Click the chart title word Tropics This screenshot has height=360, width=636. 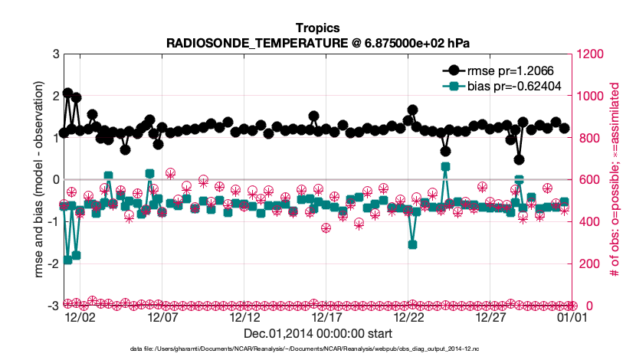point(317,30)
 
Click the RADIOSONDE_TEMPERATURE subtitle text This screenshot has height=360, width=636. point(317,44)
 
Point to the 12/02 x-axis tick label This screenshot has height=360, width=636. point(80,316)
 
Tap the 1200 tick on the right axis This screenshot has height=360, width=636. point(590,54)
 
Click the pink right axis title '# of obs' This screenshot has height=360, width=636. point(614,180)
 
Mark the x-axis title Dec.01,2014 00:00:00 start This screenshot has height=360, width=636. point(317,333)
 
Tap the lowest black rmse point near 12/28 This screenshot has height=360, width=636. point(519,159)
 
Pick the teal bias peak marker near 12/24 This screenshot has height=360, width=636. point(445,166)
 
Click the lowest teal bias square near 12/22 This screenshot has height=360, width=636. point(412,244)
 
